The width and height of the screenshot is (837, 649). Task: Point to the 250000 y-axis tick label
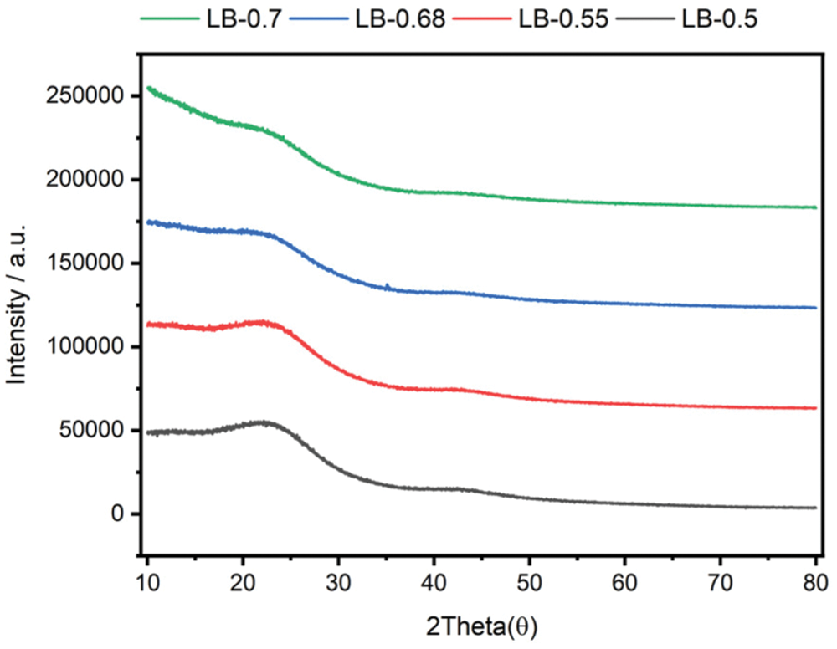click(80, 96)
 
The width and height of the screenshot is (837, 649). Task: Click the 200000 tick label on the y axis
click(80, 180)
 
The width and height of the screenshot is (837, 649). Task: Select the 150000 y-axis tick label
click(80, 263)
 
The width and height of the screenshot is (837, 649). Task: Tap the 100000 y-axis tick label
click(80, 346)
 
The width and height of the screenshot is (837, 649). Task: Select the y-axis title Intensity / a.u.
click(18, 304)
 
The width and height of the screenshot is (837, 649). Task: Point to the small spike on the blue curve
click(388, 286)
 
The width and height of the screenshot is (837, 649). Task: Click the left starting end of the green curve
click(148, 87)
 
